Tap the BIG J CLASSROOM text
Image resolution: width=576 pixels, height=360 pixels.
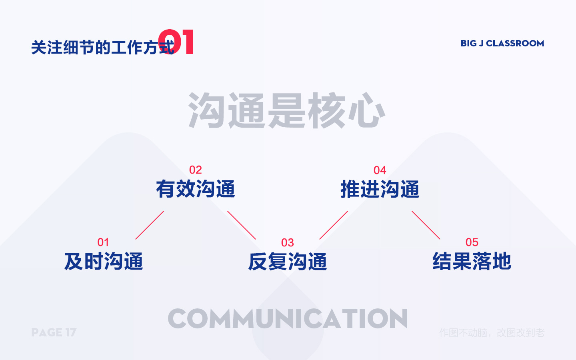click(x=502, y=43)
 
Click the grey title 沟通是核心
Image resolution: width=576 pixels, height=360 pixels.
click(x=286, y=111)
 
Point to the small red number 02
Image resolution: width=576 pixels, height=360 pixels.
click(x=196, y=170)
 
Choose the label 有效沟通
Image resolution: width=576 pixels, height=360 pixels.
click(x=196, y=189)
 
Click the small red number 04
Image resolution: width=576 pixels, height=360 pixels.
click(x=380, y=170)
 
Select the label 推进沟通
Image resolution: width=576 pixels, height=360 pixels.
click(x=380, y=189)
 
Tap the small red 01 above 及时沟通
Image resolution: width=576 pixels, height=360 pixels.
click(x=103, y=242)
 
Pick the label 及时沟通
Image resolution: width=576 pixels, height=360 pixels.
click(x=104, y=262)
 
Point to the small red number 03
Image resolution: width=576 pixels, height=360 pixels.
click(x=288, y=243)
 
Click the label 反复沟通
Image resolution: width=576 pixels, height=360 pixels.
click(x=288, y=262)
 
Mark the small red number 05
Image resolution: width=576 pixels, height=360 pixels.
click(x=472, y=242)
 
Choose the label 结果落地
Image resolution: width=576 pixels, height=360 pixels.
click(x=472, y=262)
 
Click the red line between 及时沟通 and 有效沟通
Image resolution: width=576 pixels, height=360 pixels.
click(x=150, y=225)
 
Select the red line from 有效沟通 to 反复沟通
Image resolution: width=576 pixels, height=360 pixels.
click(x=242, y=225)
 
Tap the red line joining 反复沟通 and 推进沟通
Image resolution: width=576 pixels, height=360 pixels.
click(x=334, y=225)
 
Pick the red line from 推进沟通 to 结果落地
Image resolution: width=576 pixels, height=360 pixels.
click(x=426, y=225)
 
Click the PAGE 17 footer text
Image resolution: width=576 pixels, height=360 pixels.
click(x=54, y=332)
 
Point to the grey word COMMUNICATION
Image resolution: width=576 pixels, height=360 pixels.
click(x=288, y=319)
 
